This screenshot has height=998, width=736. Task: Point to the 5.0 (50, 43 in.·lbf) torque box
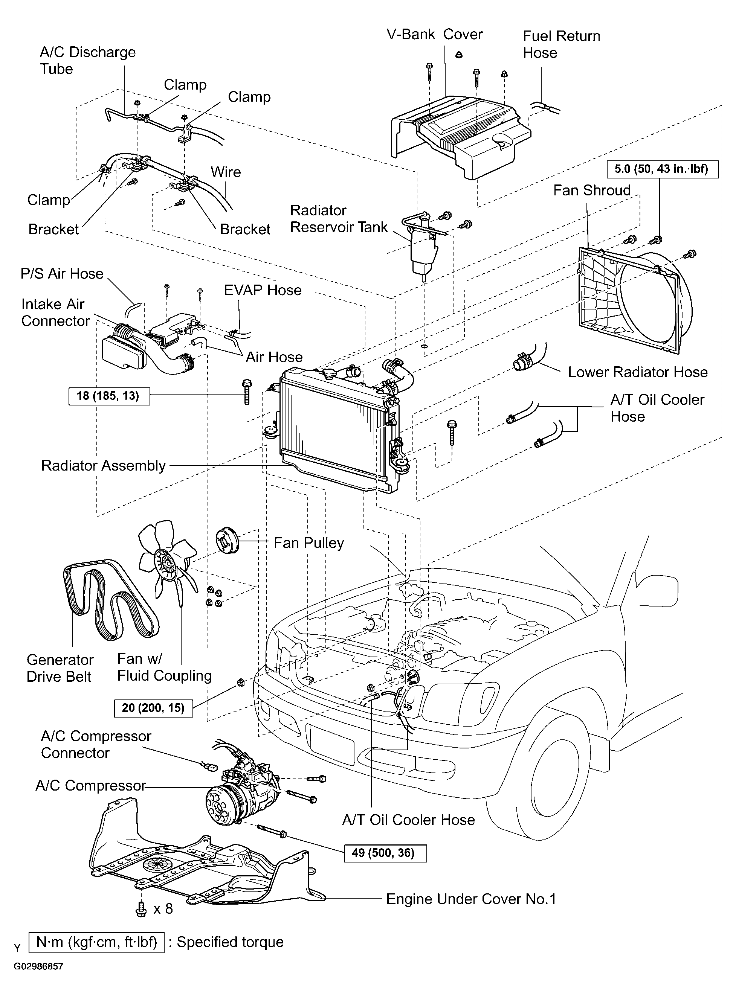tap(663, 169)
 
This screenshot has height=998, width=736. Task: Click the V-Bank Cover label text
tap(434, 34)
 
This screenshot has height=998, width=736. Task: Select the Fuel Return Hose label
tap(561, 44)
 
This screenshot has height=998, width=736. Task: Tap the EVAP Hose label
tap(263, 290)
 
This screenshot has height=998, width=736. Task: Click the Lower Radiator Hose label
tap(638, 372)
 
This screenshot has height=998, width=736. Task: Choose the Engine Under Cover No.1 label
tap(471, 899)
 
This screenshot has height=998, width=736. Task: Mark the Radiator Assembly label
tap(103, 465)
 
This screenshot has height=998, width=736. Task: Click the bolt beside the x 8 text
tap(141, 909)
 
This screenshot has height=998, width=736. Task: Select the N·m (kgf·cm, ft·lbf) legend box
tap(96, 942)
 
